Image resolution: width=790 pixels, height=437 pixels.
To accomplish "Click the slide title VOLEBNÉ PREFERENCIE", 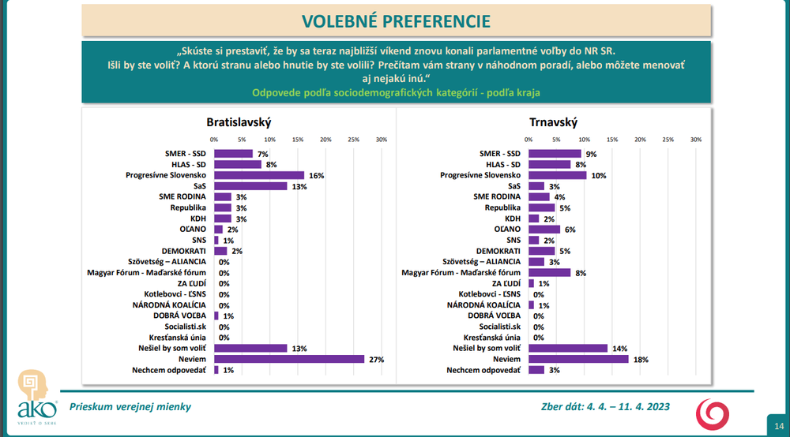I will [395, 21].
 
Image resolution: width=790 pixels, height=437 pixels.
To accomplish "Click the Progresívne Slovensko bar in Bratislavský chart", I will [259, 175].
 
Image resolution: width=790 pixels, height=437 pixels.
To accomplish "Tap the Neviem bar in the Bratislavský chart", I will [289, 359].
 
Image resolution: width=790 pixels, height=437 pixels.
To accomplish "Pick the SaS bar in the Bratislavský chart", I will [250, 186].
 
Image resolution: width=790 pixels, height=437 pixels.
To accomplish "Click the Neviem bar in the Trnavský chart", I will [578, 359].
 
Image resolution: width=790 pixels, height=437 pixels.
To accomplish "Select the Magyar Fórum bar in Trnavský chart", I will [549, 272].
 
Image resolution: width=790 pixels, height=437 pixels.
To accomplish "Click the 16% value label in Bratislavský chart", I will [315, 175].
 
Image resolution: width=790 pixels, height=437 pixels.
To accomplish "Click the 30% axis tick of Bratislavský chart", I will [381, 140].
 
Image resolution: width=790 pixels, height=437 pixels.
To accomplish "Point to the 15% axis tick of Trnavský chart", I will [612, 140].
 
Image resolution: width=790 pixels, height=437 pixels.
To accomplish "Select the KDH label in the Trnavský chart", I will [513, 218].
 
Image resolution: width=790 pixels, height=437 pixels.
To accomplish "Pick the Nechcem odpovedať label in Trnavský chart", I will [483, 370].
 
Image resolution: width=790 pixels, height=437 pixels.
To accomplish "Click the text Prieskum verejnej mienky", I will [130, 407].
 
